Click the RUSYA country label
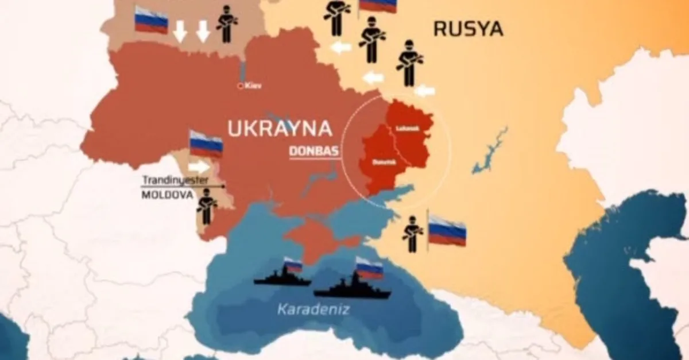[x=468, y=28]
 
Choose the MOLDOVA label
[x=167, y=195]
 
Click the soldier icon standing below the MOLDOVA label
[x=206, y=206]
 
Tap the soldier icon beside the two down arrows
[x=227, y=24]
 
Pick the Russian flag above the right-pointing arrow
[x=206, y=143]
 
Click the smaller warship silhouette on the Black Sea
[x=281, y=278]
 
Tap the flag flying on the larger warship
[x=369, y=268]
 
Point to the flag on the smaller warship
[x=293, y=265]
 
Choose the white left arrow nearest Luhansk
[x=424, y=90]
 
